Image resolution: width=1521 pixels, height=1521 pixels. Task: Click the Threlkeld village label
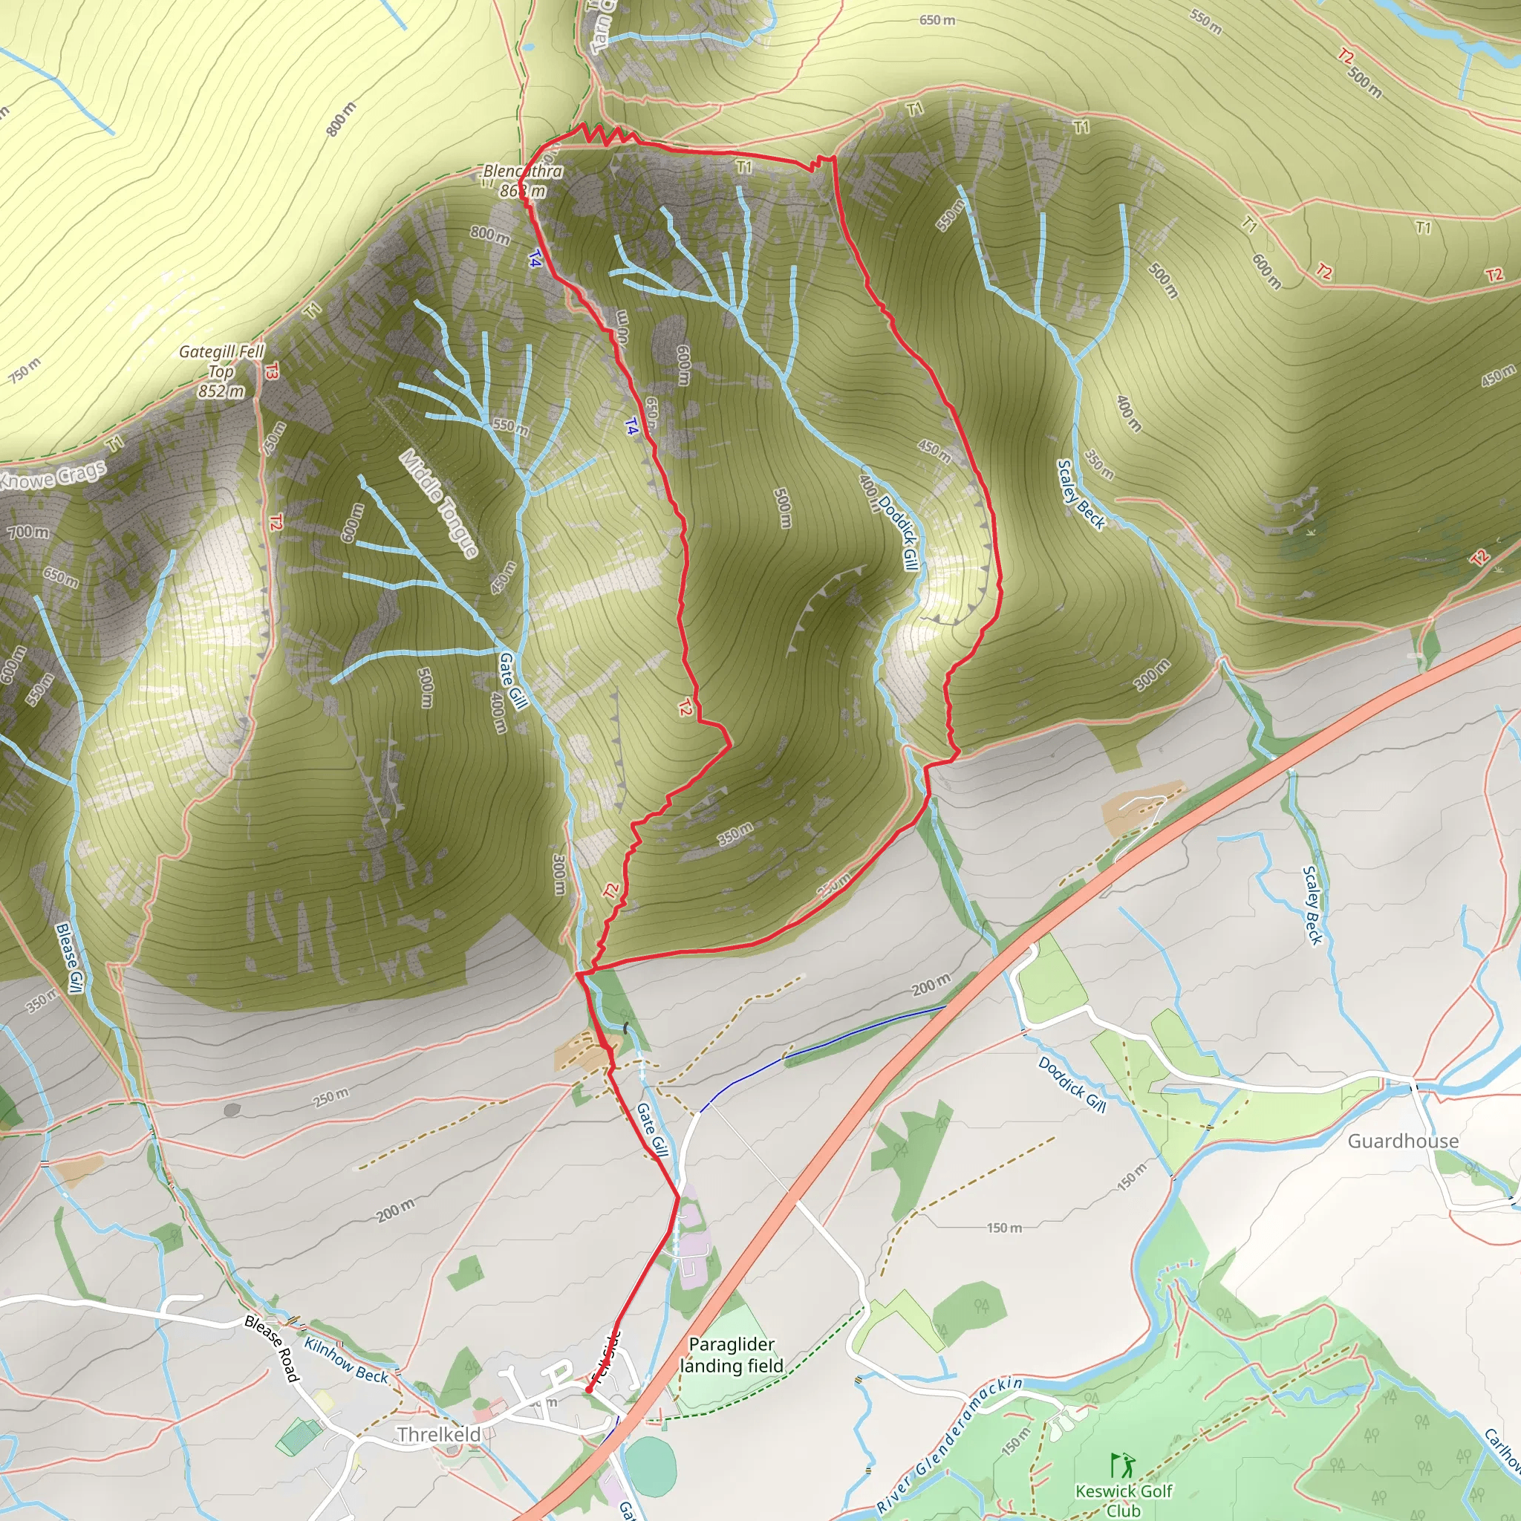[438, 1434]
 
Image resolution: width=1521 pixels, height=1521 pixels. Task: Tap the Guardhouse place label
[1403, 1141]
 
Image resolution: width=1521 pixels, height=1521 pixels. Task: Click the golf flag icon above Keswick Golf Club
[1123, 1465]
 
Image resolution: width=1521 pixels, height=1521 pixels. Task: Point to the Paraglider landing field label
[732, 1355]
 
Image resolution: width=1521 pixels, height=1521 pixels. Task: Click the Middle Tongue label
[440, 503]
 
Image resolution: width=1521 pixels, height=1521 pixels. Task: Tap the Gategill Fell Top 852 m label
[221, 371]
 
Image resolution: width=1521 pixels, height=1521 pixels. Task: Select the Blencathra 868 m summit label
[523, 180]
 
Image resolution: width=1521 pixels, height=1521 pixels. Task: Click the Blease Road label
[273, 1349]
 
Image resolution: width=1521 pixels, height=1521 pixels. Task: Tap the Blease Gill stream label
[69, 957]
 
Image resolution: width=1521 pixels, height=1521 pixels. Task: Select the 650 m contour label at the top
[937, 20]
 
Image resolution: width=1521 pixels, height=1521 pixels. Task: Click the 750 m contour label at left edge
[25, 369]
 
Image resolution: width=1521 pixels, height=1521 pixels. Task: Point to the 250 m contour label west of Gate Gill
[330, 1096]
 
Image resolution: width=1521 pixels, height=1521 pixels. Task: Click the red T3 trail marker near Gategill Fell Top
[272, 371]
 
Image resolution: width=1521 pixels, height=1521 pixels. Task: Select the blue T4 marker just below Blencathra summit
[535, 258]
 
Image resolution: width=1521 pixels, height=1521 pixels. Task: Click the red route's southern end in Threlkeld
[588, 1392]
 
